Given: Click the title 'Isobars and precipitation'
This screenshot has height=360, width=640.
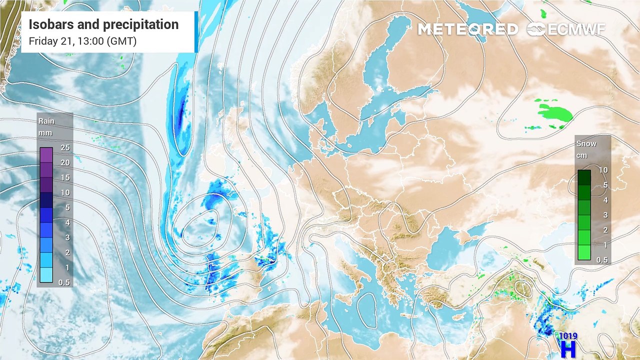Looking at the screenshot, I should (x=103, y=24).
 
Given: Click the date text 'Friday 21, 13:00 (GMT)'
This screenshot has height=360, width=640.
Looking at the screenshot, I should (x=82, y=41).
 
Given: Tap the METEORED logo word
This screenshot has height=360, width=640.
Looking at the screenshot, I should (x=467, y=29).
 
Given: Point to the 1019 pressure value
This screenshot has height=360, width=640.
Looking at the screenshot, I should (x=568, y=336).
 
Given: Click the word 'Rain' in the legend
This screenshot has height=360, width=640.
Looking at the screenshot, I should (x=46, y=121).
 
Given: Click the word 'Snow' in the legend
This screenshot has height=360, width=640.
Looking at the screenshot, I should (x=586, y=144).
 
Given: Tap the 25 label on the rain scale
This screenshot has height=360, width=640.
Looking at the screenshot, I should (x=65, y=148).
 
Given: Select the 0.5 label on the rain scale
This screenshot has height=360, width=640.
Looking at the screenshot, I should (x=64, y=282).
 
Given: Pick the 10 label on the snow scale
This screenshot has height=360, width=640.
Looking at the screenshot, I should (x=603, y=170).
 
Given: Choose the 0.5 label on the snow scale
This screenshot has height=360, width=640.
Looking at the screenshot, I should (x=602, y=260).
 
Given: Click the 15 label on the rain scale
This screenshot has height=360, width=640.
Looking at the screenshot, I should (x=65, y=178).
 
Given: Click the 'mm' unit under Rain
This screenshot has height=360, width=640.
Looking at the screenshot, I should (x=45, y=133).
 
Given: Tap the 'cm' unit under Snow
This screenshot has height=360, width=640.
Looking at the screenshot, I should (x=581, y=155).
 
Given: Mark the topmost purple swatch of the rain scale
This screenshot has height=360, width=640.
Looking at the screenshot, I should (x=46, y=155).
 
